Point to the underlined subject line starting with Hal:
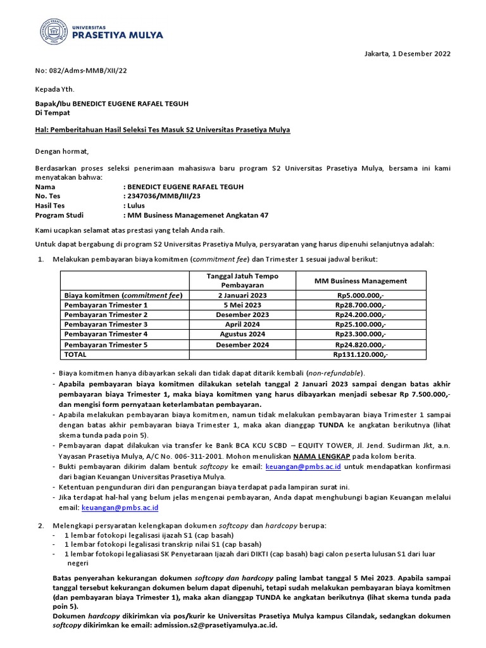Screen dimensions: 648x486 [x=162, y=130]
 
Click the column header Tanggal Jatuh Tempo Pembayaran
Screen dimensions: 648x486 [x=243, y=280]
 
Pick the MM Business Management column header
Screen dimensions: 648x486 [x=361, y=281]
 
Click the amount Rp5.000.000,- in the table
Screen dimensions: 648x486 [x=361, y=296]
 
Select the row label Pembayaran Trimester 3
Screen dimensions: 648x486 [x=106, y=325]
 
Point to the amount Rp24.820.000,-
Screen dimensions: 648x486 [x=361, y=345]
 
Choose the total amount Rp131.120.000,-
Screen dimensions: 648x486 [x=361, y=354]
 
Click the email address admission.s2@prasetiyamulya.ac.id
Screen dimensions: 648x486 [x=213, y=624]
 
